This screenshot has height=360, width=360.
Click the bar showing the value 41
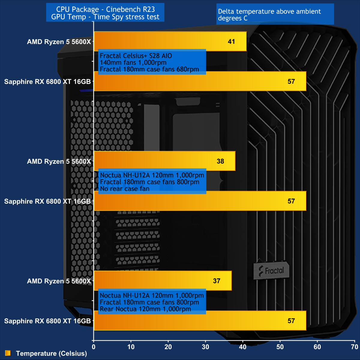[x=170, y=41]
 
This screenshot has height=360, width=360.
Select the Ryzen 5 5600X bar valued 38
[x=164, y=161]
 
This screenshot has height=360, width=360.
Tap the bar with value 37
[x=163, y=281]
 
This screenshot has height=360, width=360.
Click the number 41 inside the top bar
[x=231, y=42]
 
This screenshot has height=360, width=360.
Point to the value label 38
[x=220, y=161]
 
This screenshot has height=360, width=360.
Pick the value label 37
[x=217, y=281]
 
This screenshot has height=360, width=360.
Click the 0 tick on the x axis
[x=94, y=347]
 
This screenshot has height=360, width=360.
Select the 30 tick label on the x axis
[x=205, y=347]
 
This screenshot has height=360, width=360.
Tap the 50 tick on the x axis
[x=280, y=347]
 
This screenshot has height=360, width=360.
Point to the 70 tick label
[x=354, y=347]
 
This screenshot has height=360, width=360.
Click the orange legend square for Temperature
[x=8, y=353]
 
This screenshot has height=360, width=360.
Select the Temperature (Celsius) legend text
[x=51, y=353]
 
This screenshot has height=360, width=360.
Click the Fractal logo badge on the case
[x=271, y=271]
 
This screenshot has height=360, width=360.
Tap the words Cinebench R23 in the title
[x=130, y=9]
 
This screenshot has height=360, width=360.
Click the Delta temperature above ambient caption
[x=269, y=12]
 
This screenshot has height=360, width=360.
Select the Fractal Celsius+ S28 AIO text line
[x=136, y=56]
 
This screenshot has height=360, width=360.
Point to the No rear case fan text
[x=125, y=189]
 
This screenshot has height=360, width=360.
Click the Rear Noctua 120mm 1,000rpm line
[x=145, y=309]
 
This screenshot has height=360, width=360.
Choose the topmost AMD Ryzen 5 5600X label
[x=59, y=42]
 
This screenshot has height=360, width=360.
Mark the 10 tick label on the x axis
[x=131, y=347]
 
